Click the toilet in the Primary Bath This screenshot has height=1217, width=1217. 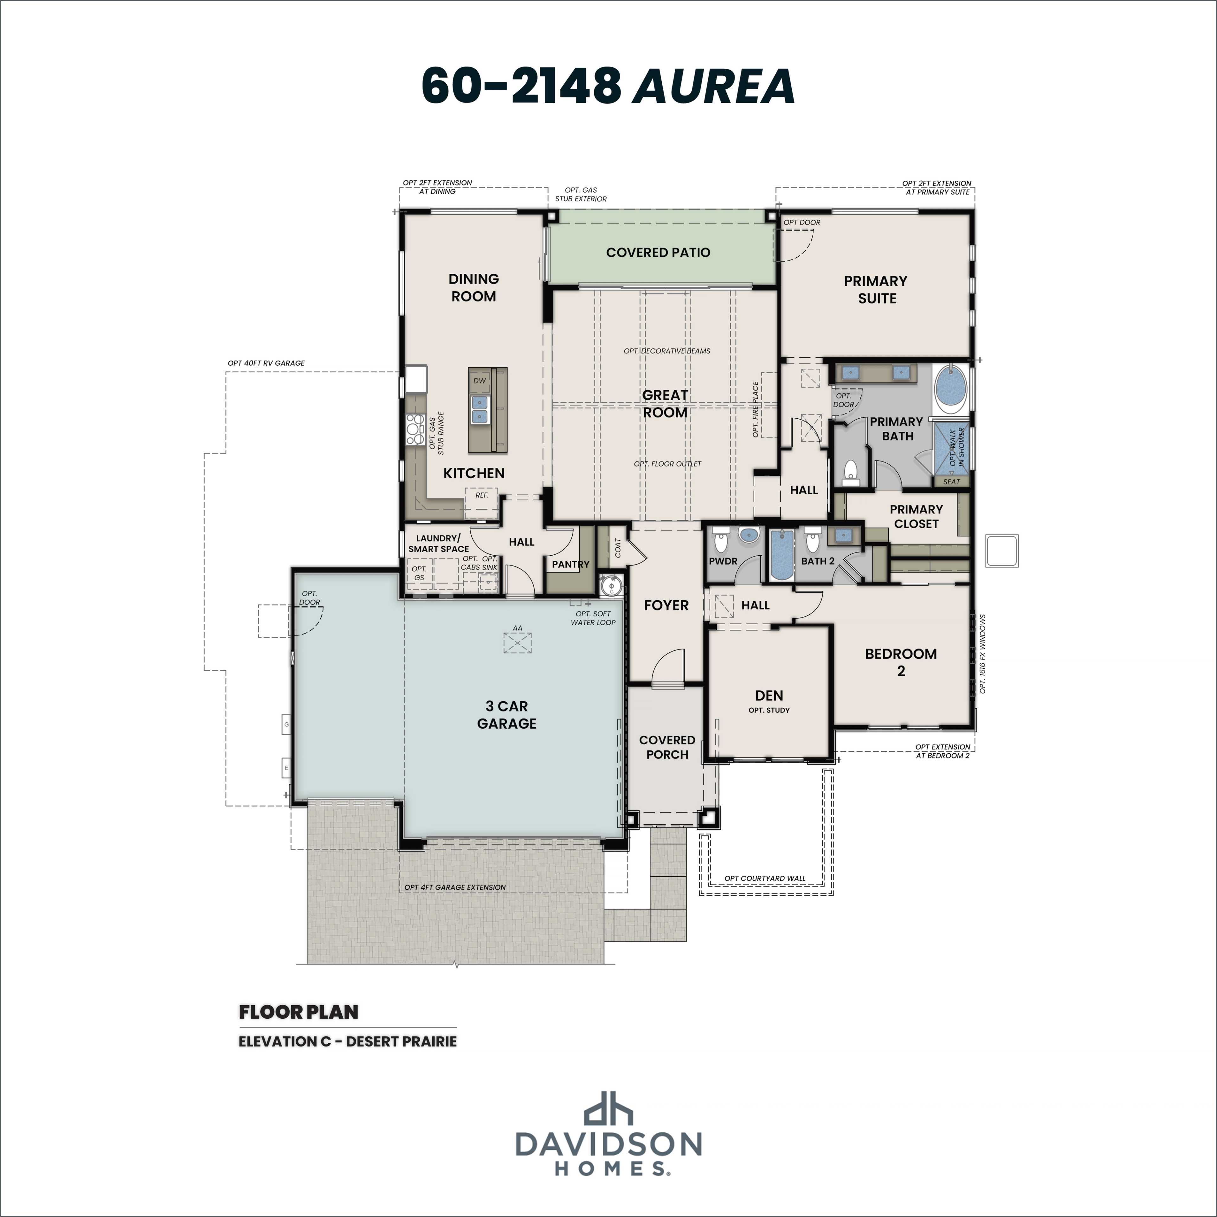click(x=850, y=473)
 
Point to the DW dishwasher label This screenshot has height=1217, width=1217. click(x=480, y=380)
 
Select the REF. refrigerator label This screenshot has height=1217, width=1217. click(x=482, y=495)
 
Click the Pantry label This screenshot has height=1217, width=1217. click(x=571, y=564)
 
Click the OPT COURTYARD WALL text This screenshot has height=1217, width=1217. click(x=765, y=878)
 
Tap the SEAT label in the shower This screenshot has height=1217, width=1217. click(x=951, y=482)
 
